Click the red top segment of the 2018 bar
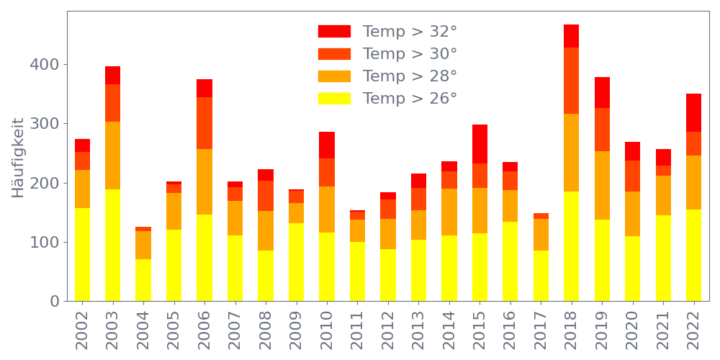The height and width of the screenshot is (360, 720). [572, 36]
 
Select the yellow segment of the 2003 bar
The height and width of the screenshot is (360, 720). [113, 245]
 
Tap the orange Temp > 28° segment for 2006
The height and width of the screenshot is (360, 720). [204, 181]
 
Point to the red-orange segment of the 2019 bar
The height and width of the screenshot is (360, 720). [602, 130]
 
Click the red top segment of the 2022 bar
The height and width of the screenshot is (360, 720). [694, 112]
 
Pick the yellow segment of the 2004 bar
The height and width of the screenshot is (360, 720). [143, 280]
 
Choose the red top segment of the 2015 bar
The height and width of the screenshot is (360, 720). [480, 144]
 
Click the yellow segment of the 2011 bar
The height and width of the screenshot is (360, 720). [357, 271]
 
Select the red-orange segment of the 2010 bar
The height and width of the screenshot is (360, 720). [327, 173]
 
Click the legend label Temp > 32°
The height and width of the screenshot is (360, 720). [410, 32]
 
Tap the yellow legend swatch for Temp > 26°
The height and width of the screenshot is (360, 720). [334, 99]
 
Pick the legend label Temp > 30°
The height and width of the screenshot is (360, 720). [410, 54]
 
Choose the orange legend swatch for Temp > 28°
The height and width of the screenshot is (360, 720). [334, 76]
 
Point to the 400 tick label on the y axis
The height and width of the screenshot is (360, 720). [44, 65]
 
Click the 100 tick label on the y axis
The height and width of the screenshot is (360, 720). [44, 242]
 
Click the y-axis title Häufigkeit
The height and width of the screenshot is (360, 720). [19, 158]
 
